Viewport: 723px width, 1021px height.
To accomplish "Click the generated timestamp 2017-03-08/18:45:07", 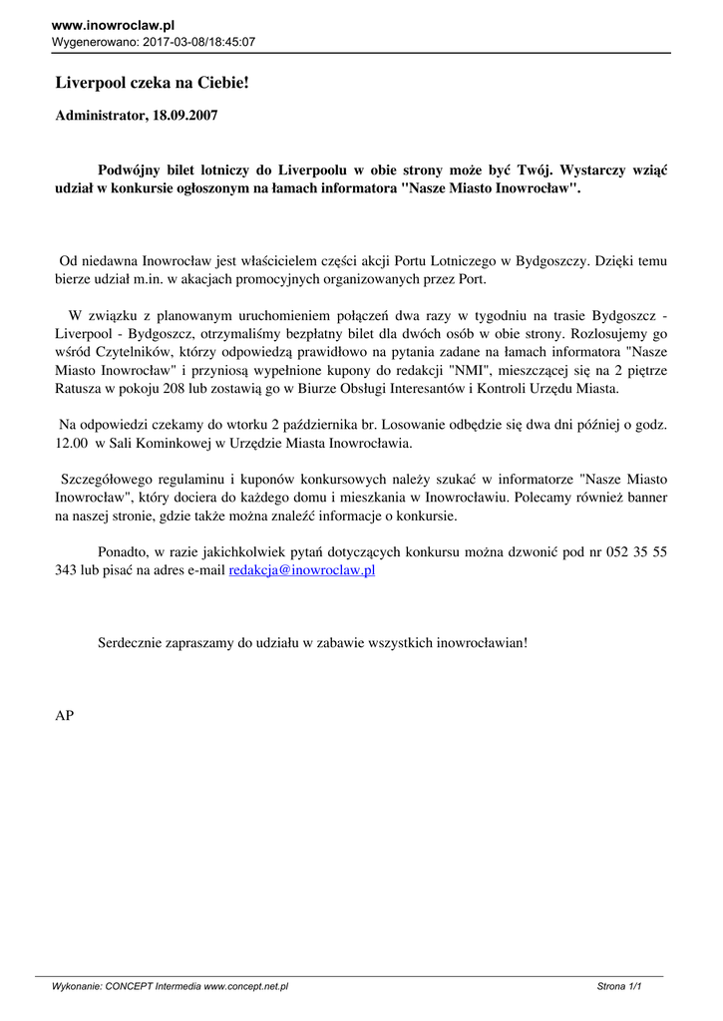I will click(199, 42).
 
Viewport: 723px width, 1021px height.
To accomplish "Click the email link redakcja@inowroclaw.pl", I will click(301, 570).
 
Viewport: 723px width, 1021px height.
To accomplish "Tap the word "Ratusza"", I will click(81, 389).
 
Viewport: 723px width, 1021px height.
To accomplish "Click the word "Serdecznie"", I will click(132, 643).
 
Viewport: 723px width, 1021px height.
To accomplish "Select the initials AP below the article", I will click(64, 715).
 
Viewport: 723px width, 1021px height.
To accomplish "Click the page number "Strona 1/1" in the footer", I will click(618, 986).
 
